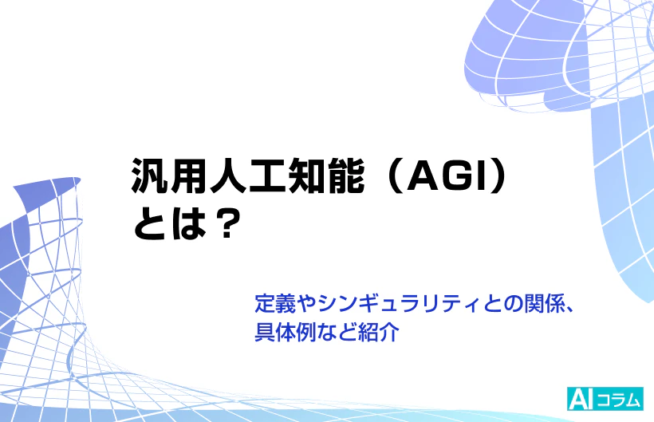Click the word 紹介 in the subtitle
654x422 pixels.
(379, 329)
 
